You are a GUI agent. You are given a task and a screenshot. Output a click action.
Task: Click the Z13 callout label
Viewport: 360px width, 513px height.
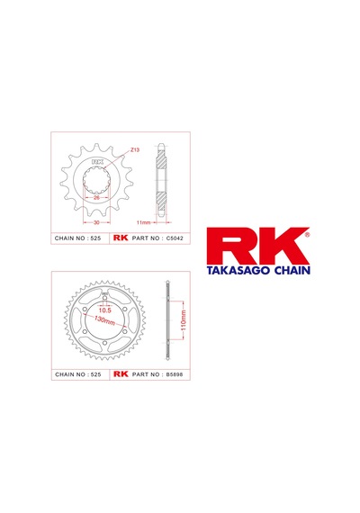(135, 149)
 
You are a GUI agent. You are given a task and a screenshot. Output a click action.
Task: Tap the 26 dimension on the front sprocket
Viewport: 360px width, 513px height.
(96, 198)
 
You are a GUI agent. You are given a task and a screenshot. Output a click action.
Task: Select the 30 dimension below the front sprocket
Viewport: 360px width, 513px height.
(96, 222)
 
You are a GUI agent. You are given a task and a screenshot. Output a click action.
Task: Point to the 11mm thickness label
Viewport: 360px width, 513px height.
(143, 222)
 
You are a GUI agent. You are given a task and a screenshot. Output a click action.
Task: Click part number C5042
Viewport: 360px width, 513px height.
(175, 238)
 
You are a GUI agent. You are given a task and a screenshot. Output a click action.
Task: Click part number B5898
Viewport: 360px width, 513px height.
(175, 374)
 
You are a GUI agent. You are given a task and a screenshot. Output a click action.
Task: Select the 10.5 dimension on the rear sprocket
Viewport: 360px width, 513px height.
(105, 310)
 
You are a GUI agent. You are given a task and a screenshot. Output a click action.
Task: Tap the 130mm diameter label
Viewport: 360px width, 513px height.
(104, 320)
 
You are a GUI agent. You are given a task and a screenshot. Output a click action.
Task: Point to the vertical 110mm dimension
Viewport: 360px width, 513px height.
(184, 320)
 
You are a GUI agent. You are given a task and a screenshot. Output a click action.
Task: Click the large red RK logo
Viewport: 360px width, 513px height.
(257, 246)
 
